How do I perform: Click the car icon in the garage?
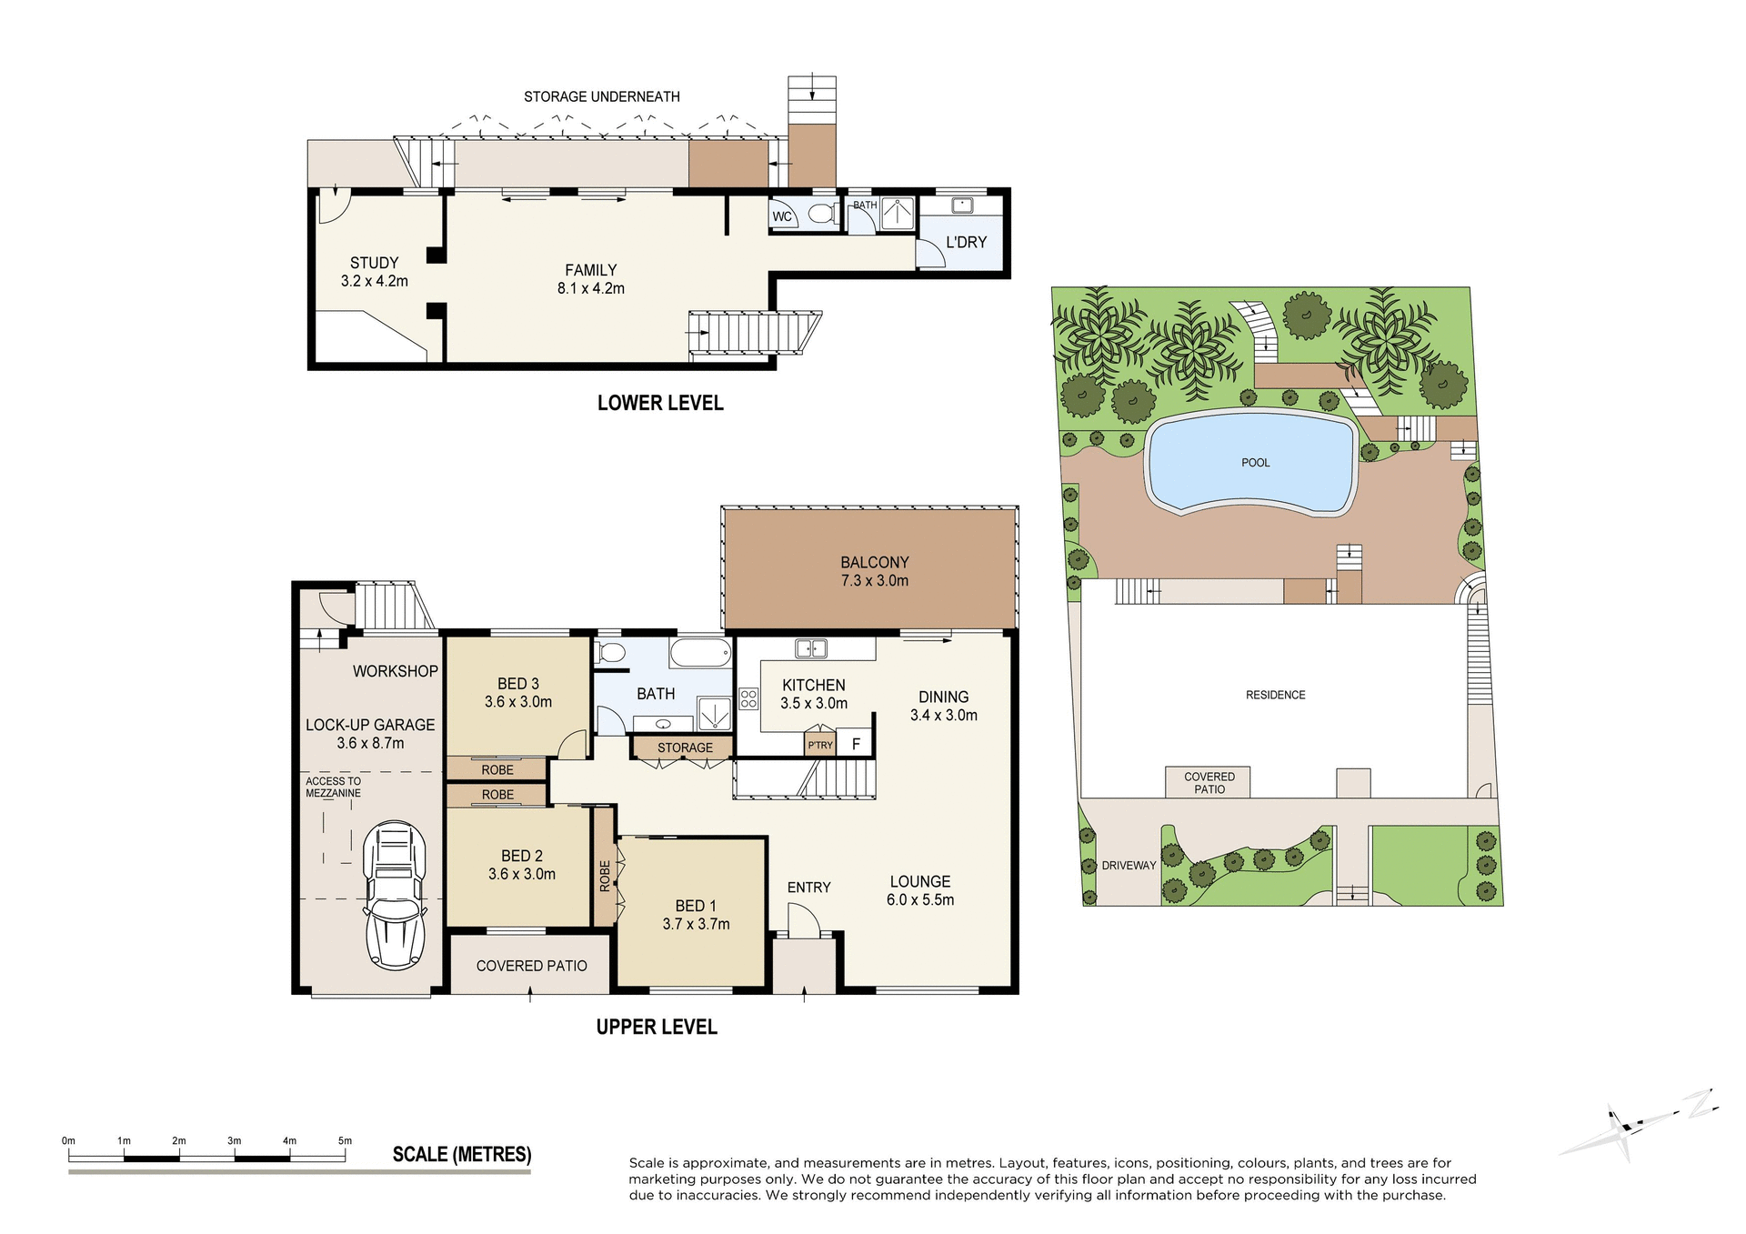(x=395, y=895)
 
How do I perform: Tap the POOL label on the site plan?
(x=1255, y=463)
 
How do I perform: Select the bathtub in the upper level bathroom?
(x=700, y=653)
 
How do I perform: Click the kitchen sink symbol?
(x=809, y=648)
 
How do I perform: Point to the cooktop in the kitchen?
(x=748, y=698)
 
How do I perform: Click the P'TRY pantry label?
(x=820, y=745)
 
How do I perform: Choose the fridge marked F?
(x=856, y=744)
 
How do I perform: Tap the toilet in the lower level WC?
(x=821, y=214)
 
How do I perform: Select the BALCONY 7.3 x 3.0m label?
(x=874, y=571)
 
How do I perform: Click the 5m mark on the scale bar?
(x=345, y=1140)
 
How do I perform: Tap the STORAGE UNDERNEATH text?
(x=601, y=96)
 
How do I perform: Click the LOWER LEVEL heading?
(x=660, y=403)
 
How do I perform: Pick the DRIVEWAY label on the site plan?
(x=1129, y=865)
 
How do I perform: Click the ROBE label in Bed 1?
(x=605, y=876)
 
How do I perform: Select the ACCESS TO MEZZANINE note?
(x=333, y=787)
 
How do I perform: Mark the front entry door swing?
(x=803, y=921)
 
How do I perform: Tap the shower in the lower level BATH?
(x=898, y=215)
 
